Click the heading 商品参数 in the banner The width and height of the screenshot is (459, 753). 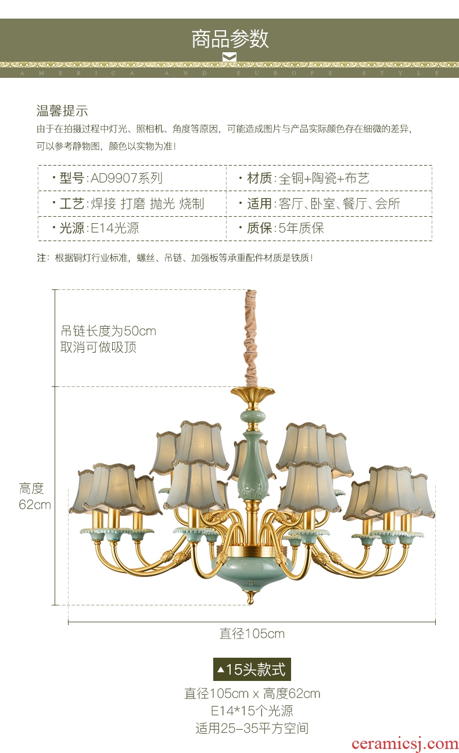coord(230,38)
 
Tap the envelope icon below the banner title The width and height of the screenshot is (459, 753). coord(229,56)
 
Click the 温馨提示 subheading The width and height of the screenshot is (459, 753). coord(62,111)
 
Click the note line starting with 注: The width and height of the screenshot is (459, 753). coord(175,257)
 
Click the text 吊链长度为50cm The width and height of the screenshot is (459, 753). coord(109,331)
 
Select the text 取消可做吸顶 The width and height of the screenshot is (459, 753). coord(99,347)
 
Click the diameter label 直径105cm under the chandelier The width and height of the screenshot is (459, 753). coord(252,633)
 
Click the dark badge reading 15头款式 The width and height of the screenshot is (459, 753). coord(252,669)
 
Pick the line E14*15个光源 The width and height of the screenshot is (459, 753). coord(252,711)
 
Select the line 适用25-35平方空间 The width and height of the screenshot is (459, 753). coord(252,728)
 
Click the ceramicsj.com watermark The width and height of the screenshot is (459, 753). coord(405,743)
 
